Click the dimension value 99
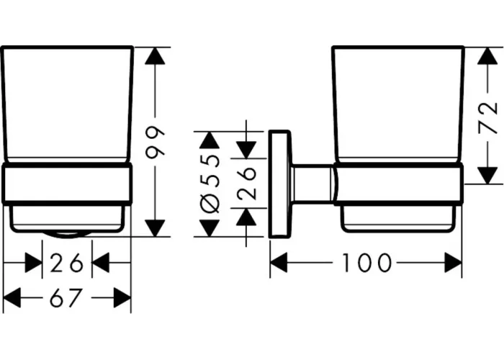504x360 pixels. point(155,143)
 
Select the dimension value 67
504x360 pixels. point(65,297)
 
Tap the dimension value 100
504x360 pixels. point(366,263)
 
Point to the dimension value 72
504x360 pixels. point(488,117)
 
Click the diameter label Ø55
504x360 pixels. point(210,183)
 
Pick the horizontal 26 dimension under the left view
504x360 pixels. point(67,262)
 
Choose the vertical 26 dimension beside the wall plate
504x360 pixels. point(246,183)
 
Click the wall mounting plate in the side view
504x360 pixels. point(280,184)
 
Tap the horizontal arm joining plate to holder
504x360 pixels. point(312,184)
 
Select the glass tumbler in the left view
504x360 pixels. point(67,104)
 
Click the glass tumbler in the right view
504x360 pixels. point(398,104)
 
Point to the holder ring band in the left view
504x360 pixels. point(67,184)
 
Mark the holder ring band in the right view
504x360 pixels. point(398,184)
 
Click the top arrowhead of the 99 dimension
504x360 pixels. point(155,56)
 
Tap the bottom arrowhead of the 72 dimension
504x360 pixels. point(488,176)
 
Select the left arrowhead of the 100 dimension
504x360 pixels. point(279,263)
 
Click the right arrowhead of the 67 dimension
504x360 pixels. point(122,297)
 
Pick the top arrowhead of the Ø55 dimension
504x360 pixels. point(210,140)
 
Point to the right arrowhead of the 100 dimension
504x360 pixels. point(453,263)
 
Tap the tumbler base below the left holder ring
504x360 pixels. point(67,218)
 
